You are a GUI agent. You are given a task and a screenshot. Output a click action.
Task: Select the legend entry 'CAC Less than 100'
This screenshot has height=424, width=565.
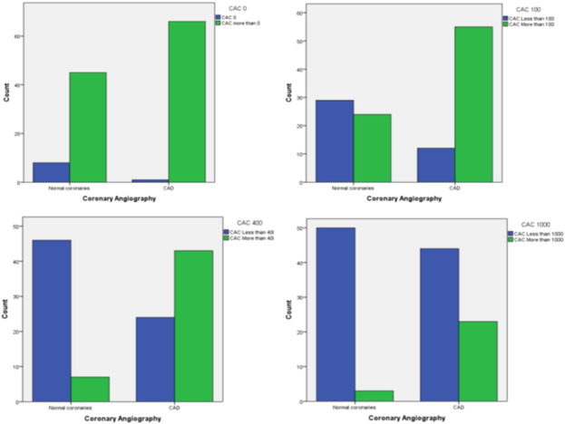click(531, 18)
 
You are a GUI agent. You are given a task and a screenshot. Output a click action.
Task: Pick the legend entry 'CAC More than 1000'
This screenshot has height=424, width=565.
click(532, 240)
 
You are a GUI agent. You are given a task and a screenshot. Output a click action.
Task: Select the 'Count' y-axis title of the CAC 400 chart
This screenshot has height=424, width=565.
click(6, 313)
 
